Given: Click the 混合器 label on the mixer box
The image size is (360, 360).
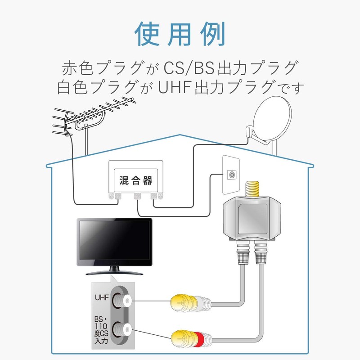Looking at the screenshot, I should [135, 181].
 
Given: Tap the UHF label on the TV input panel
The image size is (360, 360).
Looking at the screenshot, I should [102, 298].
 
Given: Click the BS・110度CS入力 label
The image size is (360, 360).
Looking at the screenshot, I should [102, 332].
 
